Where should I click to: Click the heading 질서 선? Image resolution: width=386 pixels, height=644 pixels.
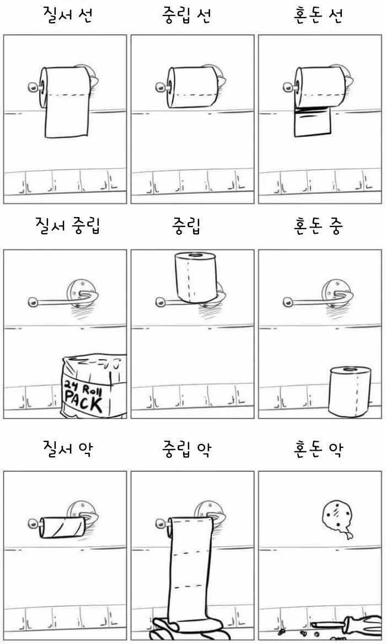(67, 15)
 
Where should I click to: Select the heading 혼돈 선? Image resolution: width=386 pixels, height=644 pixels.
(319, 15)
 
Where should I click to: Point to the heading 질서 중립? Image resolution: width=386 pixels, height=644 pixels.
(67, 226)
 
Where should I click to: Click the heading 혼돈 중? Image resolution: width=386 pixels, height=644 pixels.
(319, 226)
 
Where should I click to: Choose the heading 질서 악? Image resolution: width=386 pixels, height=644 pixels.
(67, 448)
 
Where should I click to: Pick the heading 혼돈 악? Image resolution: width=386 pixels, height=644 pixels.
(319, 448)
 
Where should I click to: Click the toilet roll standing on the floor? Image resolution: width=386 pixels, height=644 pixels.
(350, 390)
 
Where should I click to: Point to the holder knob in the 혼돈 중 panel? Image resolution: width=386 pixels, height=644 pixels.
(287, 302)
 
